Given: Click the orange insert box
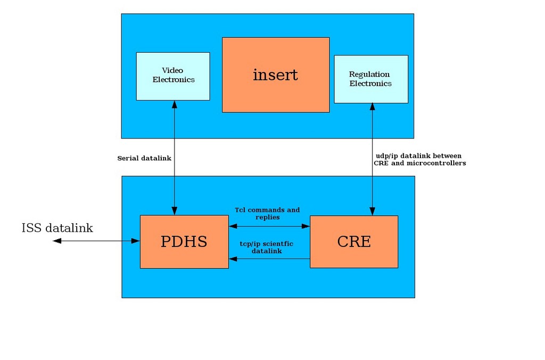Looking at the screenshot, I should (x=275, y=75).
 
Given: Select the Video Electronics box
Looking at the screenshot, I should (x=173, y=76).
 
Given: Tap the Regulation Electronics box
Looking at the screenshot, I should (x=370, y=79).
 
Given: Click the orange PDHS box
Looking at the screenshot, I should (x=184, y=242).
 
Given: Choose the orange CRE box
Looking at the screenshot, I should (x=354, y=242).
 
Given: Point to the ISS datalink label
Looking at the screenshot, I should (x=57, y=228).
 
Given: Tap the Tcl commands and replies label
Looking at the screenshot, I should (x=267, y=214).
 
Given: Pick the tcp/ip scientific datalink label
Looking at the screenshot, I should (x=267, y=247).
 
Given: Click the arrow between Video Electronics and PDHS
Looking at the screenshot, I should (x=174, y=158).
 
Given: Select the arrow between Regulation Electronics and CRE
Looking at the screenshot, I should (x=372, y=159).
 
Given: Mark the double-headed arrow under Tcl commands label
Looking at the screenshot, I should (x=269, y=226).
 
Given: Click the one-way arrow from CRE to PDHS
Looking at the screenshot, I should (x=269, y=259).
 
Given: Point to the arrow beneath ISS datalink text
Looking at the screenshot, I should (x=96, y=241).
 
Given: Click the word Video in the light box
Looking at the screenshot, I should (x=172, y=70).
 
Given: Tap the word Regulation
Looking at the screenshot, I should (x=369, y=75).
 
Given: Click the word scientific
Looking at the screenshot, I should (x=277, y=244).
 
